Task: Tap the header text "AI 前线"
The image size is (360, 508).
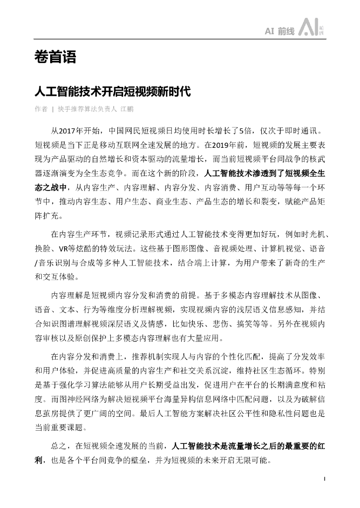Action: [280, 31]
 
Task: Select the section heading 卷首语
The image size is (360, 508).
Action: [55, 58]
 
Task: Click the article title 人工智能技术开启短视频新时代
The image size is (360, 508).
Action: [112, 92]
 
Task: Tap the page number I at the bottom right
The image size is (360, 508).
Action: [324, 479]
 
